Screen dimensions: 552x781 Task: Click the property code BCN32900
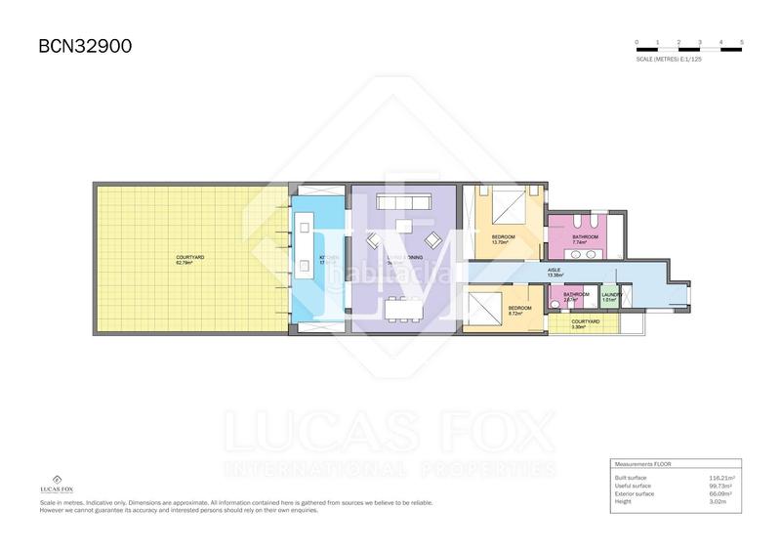(x=85, y=46)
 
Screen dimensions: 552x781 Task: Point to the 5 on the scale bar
(x=742, y=43)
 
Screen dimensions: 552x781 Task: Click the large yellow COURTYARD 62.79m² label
(x=190, y=260)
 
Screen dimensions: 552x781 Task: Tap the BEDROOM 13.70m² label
(x=503, y=238)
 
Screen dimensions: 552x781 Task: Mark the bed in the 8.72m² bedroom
(x=486, y=311)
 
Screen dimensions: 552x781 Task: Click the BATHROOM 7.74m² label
(x=586, y=238)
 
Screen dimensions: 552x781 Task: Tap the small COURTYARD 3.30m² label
(x=585, y=323)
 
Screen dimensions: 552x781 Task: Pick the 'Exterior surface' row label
(x=636, y=492)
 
